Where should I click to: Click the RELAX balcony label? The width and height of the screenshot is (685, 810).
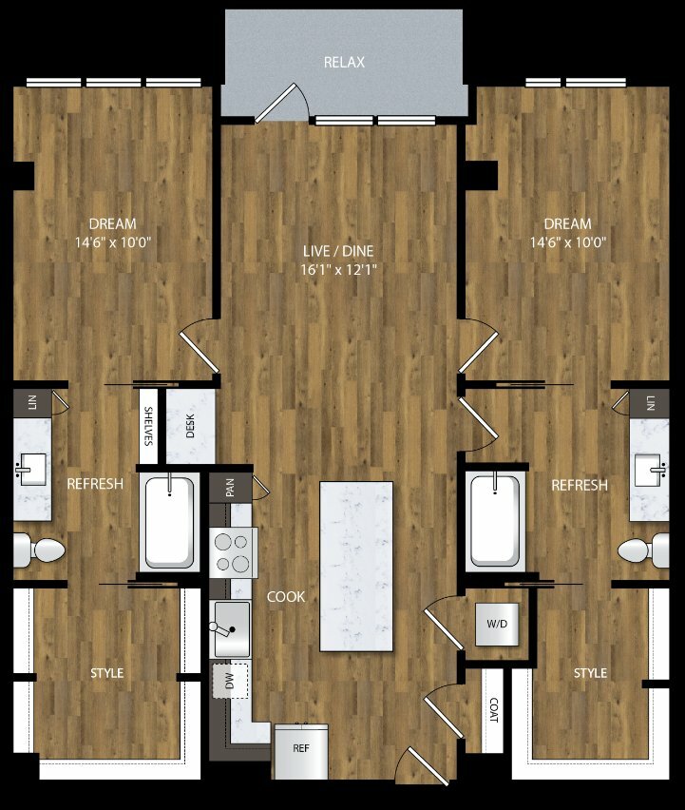click(x=344, y=63)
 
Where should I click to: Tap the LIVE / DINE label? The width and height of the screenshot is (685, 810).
click(x=338, y=252)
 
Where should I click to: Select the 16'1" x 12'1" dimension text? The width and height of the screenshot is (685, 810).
click(x=338, y=270)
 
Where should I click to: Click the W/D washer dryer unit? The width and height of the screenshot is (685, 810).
click(x=497, y=624)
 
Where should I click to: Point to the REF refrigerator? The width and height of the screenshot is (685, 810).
click(x=301, y=751)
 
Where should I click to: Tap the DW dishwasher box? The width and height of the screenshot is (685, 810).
click(x=230, y=681)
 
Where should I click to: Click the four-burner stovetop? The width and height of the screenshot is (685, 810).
click(x=233, y=552)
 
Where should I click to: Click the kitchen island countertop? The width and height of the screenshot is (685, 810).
click(x=356, y=567)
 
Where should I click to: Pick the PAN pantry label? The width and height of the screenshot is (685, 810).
click(x=230, y=488)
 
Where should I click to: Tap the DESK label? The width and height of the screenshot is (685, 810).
click(x=190, y=426)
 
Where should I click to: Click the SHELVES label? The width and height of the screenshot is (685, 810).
click(x=148, y=426)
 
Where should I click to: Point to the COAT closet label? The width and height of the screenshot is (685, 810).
click(x=493, y=710)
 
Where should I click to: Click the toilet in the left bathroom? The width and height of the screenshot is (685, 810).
click(x=38, y=550)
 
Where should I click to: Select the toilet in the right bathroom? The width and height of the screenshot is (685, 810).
click(x=643, y=550)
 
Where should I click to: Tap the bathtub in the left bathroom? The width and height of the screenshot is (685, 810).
click(x=169, y=523)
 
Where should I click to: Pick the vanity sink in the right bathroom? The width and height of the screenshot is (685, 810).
click(x=651, y=470)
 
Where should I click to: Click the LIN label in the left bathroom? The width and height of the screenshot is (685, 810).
click(x=32, y=402)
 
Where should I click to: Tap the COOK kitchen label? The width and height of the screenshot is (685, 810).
click(x=286, y=597)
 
